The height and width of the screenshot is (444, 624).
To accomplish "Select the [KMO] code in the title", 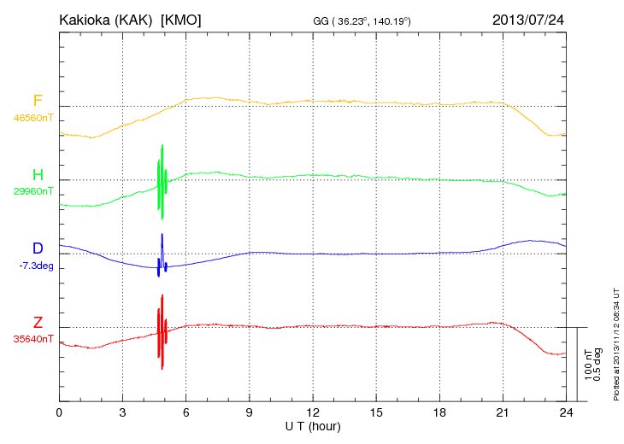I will pyautogui.click(x=180, y=19).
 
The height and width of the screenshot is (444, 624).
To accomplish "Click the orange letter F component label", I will pyautogui.click(x=38, y=101).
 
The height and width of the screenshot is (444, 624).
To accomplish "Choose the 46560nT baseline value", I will pyautogui.click(x=33, y=118).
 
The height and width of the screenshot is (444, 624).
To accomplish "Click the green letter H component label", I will pyautogui.click(x=38, y=175).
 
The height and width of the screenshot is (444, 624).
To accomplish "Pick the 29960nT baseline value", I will pyautogui.click(x=33, y=192).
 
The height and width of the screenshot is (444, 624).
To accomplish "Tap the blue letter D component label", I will pyautogui.click(x=38, y=248).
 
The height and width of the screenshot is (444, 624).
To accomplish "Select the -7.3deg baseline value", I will pyautogui.click(x=36, y=266).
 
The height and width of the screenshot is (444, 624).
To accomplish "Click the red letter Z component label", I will pyautogui.click(x=38, y=322).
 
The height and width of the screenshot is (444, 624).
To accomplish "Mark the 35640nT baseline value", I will pyautogui.click(x=33, y=339).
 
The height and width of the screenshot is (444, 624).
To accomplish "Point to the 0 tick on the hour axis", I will pyautogui.click(x=59, y=412).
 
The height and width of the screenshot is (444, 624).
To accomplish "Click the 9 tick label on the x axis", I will pyautogui.click(x=249, y=412).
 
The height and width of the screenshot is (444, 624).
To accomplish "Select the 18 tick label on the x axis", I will pyautogui.click(x=439, y=412).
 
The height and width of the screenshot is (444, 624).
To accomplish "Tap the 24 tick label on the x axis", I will pyautogui.click(x=565, y=412).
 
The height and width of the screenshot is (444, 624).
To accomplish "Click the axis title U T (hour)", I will pyautogui.click(x=312, y=425).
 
